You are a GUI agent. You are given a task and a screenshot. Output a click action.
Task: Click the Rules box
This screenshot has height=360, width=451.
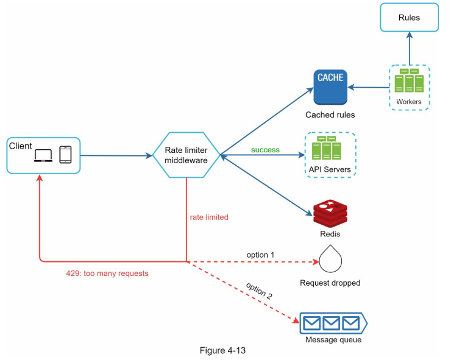click(x=410, y=17)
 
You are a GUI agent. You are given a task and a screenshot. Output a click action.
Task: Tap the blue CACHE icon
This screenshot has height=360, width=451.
click(x=330, y=87)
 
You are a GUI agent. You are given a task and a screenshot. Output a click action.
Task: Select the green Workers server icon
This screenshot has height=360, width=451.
click(x=409, y=80)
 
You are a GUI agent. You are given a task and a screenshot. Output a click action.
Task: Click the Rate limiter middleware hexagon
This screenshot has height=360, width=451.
click(x=186, y=155)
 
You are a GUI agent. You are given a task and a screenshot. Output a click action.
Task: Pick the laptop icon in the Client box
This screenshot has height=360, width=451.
click(x=43, y=155)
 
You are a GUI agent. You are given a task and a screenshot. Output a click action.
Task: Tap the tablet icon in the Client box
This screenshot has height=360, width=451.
click(x=65, y=155)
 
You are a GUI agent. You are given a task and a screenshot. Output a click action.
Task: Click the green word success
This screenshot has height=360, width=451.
click(x=265, y=150)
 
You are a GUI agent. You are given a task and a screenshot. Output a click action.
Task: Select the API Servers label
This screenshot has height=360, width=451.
click(x=330, y=169)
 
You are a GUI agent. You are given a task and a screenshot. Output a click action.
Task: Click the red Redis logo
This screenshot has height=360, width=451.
click(x=330, y=213)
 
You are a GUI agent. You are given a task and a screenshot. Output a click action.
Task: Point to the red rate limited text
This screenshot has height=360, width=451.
click(x=209, y=217)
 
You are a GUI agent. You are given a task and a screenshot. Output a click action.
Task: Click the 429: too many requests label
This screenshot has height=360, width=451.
click(x=107, y=273)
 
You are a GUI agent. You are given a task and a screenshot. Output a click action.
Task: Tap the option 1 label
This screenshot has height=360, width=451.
click(x=260, y=255)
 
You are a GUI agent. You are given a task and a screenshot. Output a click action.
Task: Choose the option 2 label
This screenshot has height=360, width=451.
click(x=259, y=291)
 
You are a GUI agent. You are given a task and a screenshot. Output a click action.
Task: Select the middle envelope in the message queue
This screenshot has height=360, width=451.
click(x=332, y=323)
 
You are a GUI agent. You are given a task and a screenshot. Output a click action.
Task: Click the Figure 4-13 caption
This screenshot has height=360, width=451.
click(x=222, y=350)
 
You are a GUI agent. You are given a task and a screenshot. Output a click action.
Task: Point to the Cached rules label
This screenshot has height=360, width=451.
click(x=330, y=115)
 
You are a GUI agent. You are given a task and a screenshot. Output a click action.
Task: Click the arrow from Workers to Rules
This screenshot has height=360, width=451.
click(x=410, y=48)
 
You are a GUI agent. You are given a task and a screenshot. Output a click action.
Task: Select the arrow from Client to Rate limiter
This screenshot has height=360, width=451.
click(x=116, y=155)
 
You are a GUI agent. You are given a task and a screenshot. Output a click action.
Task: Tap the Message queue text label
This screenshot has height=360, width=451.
click(x=333, y=339)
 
